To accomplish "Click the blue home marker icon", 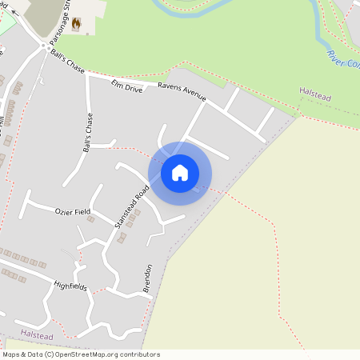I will pyautogui.click(x=180, y=172).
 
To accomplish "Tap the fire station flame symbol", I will pyautogui.click(x=76, y=24).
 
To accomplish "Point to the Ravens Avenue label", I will pyautogui.click(x=182, y=91).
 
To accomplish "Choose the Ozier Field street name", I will pyautogui.click(x=73, y=212).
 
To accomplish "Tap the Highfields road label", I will pyautogui.click(x=70, y=286).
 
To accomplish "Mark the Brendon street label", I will pyautogui.click(x=147, y=278).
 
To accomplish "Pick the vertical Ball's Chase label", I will pyautogui.click(x=89, y=133).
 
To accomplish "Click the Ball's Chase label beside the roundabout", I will pyautogui.click(x=66, y=58).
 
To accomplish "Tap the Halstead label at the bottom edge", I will pyautogui.click(x=38, y=333).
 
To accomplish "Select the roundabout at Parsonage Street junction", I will pyautogui.click(x=42, y=46).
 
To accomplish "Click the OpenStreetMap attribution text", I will pyautogui.click(x=80, y=354).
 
